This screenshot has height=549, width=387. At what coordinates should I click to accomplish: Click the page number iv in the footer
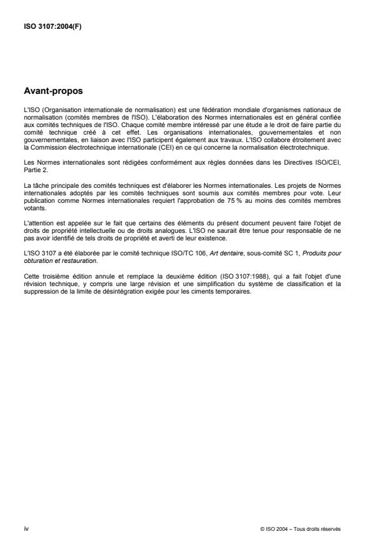(26, 528)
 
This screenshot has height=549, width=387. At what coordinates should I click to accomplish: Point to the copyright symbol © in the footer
(262, 528)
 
